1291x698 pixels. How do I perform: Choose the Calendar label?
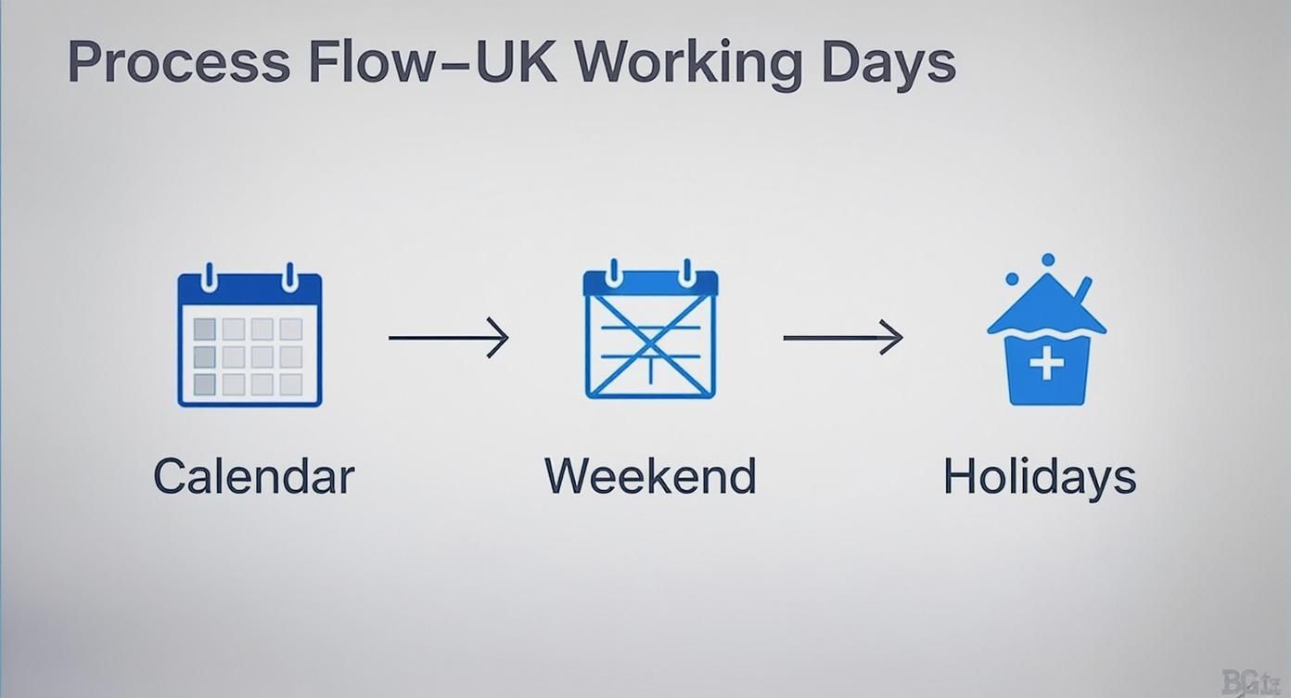point(253,476)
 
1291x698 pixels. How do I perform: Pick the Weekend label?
point(650,476)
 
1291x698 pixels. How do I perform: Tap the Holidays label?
point(1040,477)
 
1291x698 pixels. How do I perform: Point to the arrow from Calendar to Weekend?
point(448,338)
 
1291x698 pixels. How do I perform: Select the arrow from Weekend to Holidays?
point(843,338)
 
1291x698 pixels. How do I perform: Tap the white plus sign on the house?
point(1046,364)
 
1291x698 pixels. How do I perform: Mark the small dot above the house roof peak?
point(1048,260)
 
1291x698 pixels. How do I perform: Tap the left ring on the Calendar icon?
point(209,277)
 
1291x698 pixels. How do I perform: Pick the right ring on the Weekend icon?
point(686,274)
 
